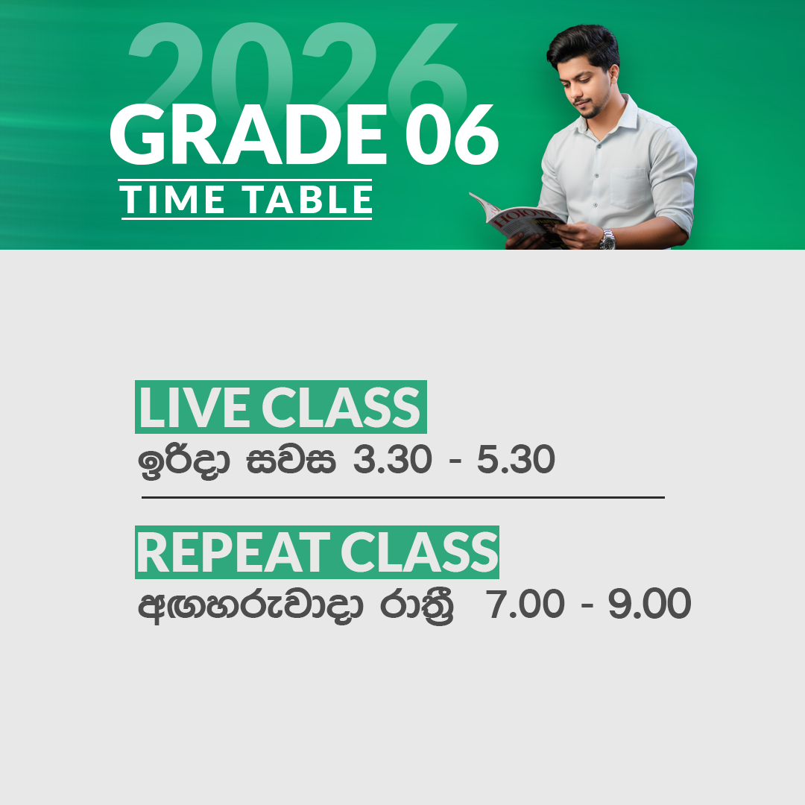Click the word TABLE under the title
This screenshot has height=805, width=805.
click(308, 200)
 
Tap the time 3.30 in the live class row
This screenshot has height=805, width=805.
click(392, 461)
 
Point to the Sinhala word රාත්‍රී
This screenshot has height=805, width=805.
click(417, 606)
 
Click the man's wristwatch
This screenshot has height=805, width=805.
click(607, 239)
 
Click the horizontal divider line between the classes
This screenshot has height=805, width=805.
click(402, 497)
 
